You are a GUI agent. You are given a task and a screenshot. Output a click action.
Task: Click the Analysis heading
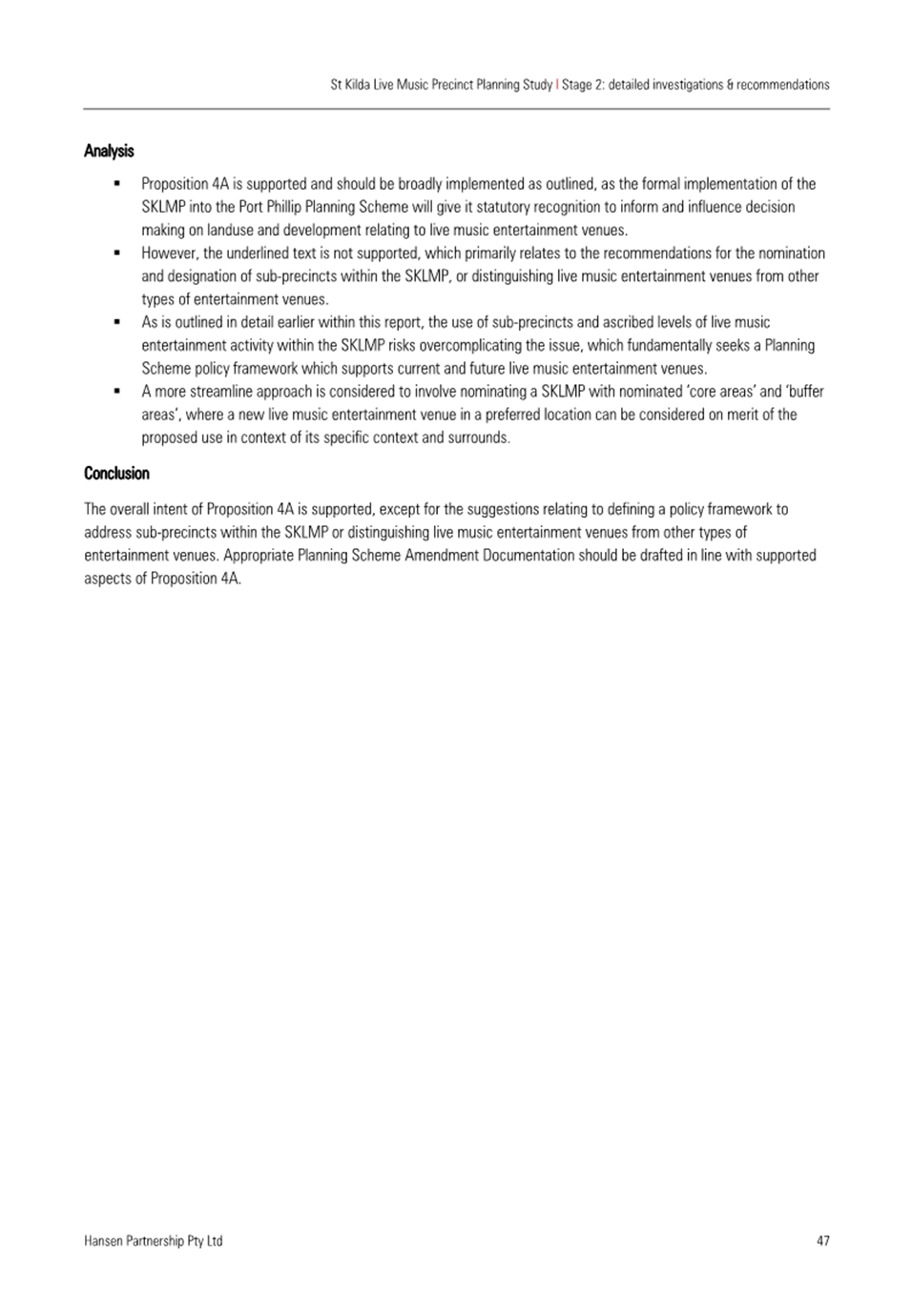click(x=109, y=151)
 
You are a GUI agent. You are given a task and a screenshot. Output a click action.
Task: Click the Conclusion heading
click(x=116, y=473)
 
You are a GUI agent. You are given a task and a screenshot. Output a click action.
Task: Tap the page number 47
click(x=822, y=1240)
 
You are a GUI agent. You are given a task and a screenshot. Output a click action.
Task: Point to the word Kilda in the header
click(x=361, y=84)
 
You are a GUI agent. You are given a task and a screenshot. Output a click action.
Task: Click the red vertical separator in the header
click(x=557, y=84)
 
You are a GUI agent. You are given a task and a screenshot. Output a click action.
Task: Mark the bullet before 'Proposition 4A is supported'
click(x=116, y=183)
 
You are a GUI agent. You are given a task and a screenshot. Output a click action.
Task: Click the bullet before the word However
click(x=116, y=253)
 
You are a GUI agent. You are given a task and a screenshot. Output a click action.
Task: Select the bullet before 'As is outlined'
click(x=116, y=322)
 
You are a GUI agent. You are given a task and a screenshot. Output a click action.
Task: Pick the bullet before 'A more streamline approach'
click(x=116, y=391)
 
